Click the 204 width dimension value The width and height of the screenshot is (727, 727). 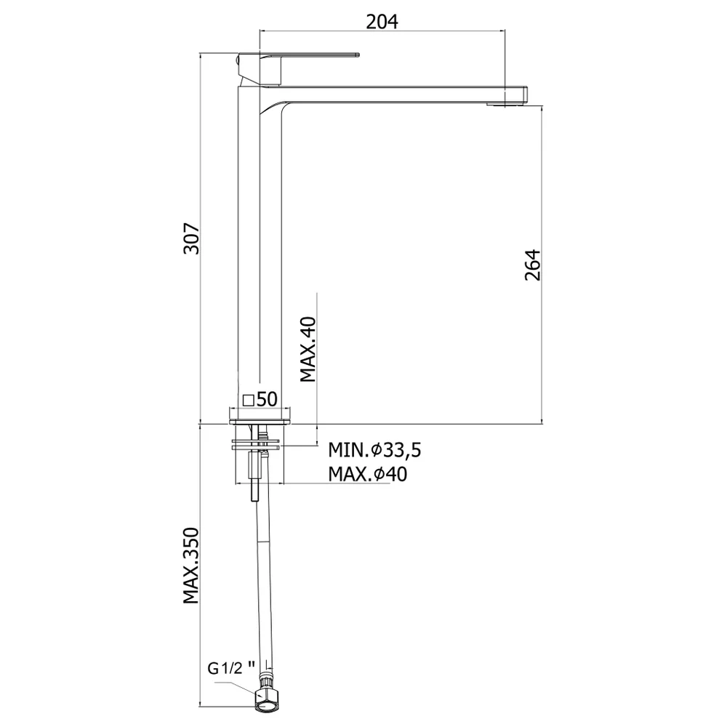[382, 21]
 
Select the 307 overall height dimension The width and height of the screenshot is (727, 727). [191, 238]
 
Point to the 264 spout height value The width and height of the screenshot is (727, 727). [532, 265]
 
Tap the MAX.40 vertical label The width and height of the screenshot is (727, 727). [308, 350]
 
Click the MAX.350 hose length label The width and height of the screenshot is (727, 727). [190, 566]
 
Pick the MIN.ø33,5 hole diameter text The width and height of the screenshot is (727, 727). [374, 450]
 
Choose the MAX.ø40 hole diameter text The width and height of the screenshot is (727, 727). [368, 474]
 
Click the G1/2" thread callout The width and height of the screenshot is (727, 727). [231, 668]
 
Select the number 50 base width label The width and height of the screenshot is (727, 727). [267, 398]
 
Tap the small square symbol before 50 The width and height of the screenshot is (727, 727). [249, 400]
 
